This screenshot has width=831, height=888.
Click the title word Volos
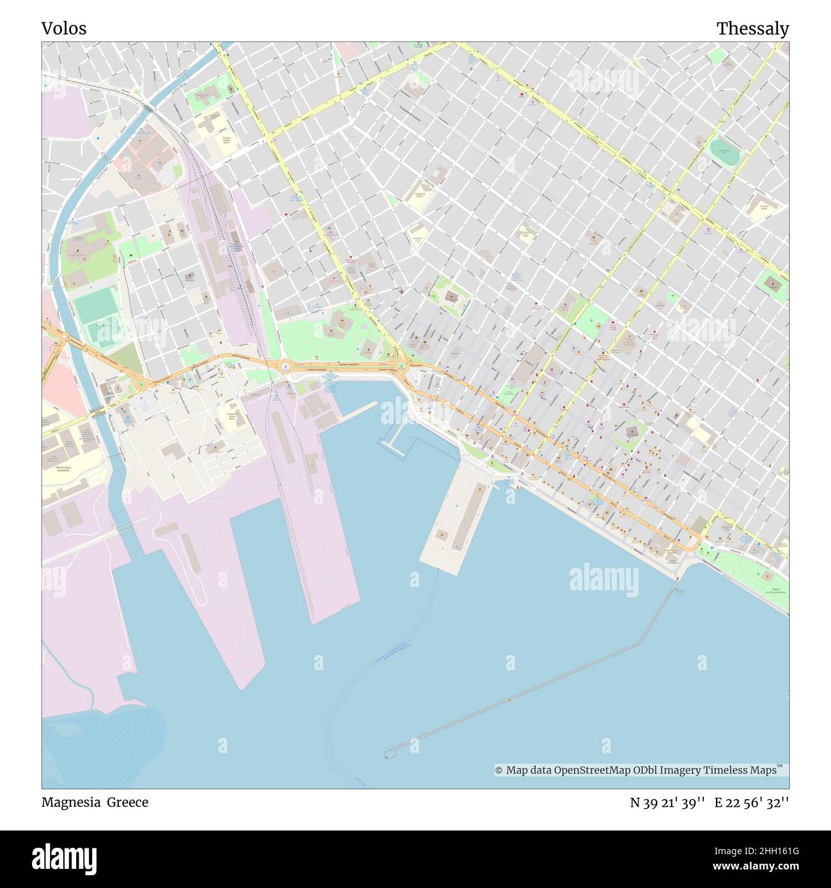64,29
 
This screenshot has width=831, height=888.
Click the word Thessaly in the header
752,29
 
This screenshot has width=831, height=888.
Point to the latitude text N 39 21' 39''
667,802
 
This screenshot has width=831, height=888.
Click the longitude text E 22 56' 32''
752,802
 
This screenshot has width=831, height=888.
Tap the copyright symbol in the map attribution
499,770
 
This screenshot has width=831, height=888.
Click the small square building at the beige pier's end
442,533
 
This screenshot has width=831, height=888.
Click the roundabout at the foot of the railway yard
284,367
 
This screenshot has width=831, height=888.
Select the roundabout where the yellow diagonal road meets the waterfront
401,366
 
